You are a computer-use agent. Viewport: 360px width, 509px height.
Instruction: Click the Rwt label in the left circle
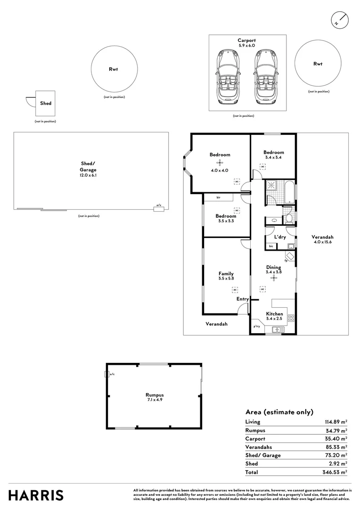click(x=113, y=69)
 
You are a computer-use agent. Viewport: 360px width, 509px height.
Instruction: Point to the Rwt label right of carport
click(x=318, y=64)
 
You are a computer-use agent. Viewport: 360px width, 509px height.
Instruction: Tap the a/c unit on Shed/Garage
click(x=159, y=209)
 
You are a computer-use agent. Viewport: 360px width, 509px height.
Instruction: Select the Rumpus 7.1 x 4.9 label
click(x=154, y=397)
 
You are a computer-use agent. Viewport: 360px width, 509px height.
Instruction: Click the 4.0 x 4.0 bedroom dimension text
click(x=220, y=170)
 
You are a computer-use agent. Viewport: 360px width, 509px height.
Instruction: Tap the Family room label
click(x=226, y=273)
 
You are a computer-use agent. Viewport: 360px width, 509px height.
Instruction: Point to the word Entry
click(x=242, y=299)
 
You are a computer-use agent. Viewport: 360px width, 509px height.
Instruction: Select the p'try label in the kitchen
click(x=257, y=326)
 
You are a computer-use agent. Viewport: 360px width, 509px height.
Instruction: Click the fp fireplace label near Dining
click(x=286, y=261)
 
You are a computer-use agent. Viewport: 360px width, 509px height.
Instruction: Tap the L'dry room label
click(x=280, y=237)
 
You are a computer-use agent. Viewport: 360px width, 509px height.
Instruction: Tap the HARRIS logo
click(x=36, y=495)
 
